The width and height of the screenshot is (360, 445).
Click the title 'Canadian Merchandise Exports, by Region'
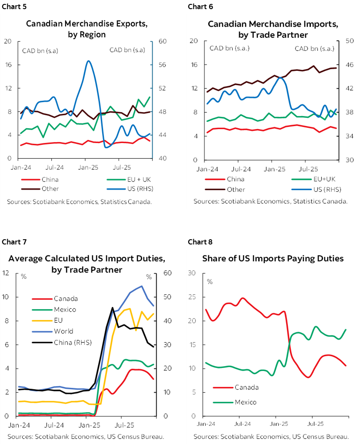click(87, 29)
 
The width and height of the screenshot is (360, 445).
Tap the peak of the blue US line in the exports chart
click(88, 61)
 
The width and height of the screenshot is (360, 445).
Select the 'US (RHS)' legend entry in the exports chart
click(131, 189)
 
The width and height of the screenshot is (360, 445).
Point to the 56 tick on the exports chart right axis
click(159, 65)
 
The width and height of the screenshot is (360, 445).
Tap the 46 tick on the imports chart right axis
click(348, 65)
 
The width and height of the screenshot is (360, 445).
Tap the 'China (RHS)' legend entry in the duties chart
click(73, 342)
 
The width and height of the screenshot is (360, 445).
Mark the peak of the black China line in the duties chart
click(113, 308)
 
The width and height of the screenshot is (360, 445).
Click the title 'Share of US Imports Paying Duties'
click(273, 258)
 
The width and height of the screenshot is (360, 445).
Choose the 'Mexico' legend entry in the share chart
click(245, 402)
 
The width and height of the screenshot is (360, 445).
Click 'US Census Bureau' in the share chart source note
click(322, 436)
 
